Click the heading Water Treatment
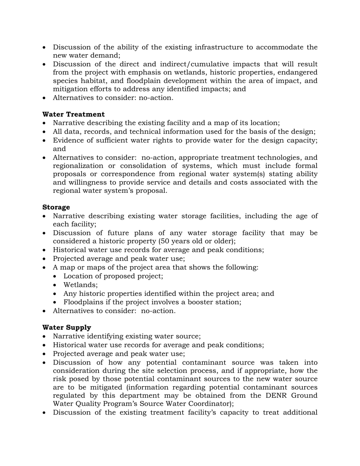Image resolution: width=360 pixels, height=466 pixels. click(74, 114)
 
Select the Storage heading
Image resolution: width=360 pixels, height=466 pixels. click(56, 207)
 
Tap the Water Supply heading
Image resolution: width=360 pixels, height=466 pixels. click(67, 327)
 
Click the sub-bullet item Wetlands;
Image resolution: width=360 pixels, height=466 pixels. click(80, 285)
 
